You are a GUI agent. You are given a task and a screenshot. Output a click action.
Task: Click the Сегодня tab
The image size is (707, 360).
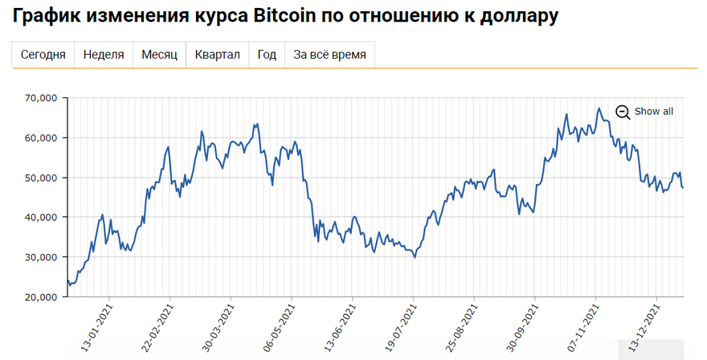(x=43, y=55)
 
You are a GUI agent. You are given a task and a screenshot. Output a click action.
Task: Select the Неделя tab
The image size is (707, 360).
(x=104, y=55)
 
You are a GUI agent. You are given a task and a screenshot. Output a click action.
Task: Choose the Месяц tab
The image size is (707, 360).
(x=159, y=55)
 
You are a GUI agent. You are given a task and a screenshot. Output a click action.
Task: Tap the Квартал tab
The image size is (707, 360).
(x=217, y=55)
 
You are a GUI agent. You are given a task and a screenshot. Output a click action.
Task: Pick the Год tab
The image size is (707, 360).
(x=267, y=55)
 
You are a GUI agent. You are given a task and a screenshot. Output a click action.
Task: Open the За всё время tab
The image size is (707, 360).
(x=330, y=55)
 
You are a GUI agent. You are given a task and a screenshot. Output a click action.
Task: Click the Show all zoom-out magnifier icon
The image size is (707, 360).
(x=623, y=112)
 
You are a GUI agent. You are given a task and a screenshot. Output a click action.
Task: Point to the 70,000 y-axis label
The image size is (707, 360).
(x=41, y=98)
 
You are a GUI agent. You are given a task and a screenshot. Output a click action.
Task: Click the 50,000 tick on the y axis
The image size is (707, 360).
(x=41, y=178)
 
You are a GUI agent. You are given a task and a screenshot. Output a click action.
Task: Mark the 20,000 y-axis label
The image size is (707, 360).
(x=41, y=297)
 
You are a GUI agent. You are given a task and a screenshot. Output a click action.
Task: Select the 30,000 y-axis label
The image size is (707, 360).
(x=41, y=257)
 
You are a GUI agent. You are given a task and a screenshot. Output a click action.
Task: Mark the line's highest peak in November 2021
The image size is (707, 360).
(x=599, y=108)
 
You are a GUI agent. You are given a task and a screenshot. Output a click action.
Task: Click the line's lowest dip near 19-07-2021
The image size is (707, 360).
(x=415, y=257)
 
